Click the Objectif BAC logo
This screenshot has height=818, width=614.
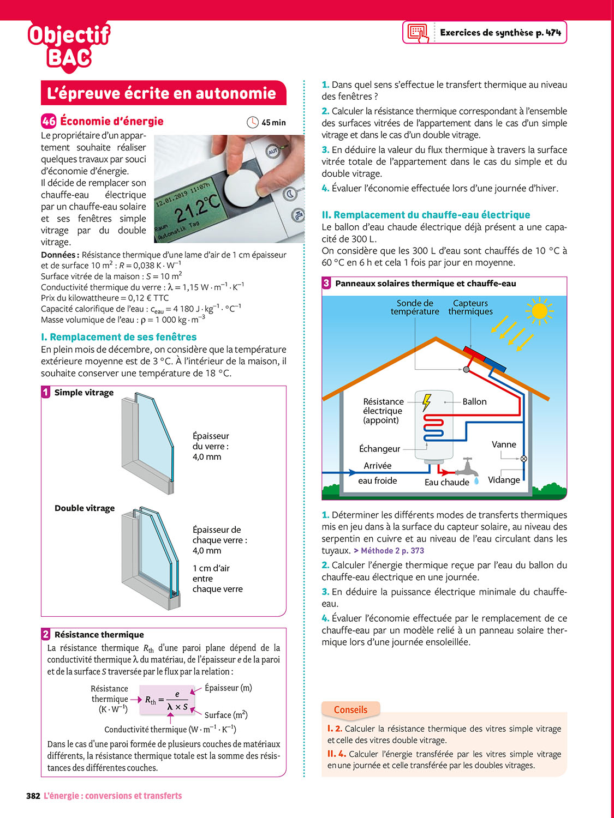click(68, 47)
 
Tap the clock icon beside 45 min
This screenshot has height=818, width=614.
click(252, 122)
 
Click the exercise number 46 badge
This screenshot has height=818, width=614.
click(49, 121)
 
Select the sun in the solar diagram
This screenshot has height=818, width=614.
click(539, 311)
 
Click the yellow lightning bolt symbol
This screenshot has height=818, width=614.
click(426, 402)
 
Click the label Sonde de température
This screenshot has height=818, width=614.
click(415, 307)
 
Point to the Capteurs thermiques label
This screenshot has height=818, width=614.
click(470, 307)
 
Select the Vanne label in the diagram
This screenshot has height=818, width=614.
click(504, 444)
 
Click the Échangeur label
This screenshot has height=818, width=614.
click(379, 449)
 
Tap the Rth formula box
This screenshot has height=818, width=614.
click(167, 700)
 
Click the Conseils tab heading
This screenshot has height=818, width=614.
click(350, 709)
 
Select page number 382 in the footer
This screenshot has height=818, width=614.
click(33, 796)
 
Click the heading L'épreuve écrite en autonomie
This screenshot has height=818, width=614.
click(162, 93)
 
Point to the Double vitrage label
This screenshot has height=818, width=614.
click(85, 508)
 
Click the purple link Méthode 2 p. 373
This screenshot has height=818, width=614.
click(392, 551)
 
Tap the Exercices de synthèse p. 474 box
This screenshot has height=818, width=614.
click(485, 33)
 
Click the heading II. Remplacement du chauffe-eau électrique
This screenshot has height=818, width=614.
click(426, 215)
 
